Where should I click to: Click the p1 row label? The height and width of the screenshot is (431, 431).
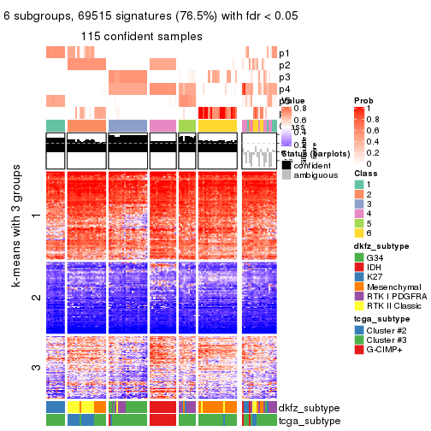pos(284,53)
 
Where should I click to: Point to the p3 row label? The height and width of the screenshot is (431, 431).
pos(284,77)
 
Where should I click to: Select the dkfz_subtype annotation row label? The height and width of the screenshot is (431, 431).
pos(304,409)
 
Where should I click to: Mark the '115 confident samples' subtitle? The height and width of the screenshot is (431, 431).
pos(142,37)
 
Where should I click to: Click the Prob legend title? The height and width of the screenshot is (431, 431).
pos(363,100)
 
